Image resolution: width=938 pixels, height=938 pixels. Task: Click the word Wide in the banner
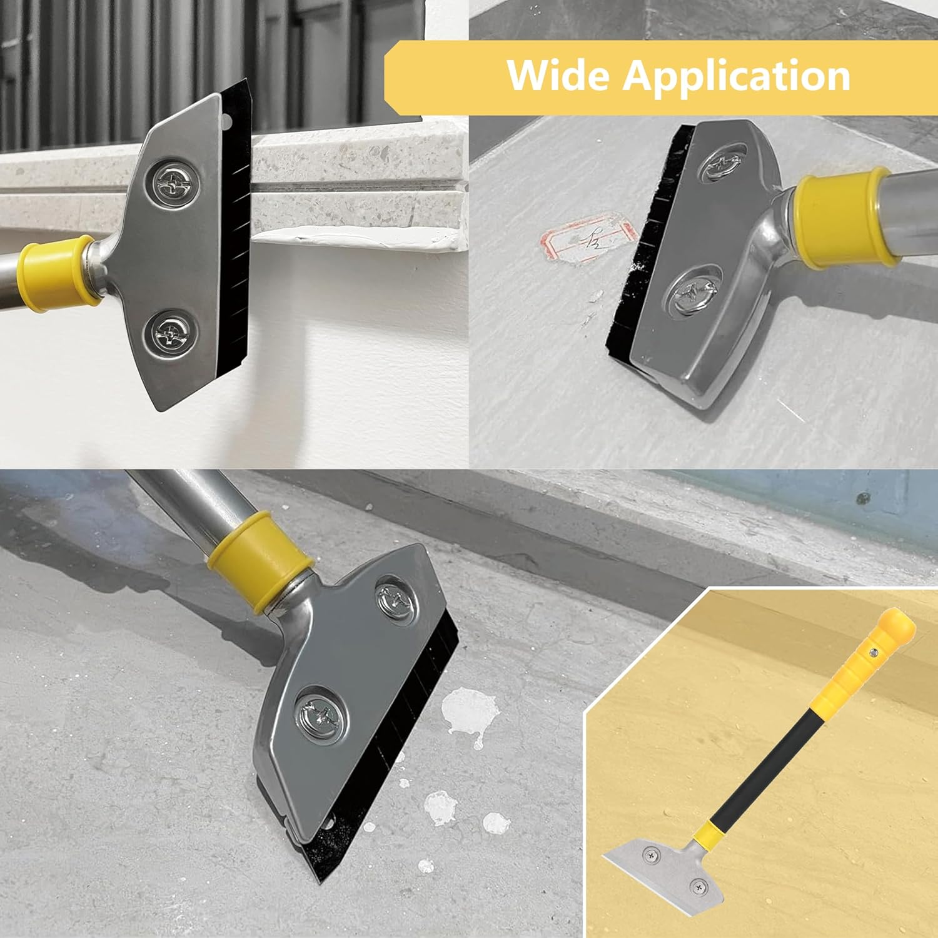click(558, 76)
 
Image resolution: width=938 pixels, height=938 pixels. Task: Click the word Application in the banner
click(736, 76)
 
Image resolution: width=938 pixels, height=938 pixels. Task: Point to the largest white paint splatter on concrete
click(468, 713)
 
